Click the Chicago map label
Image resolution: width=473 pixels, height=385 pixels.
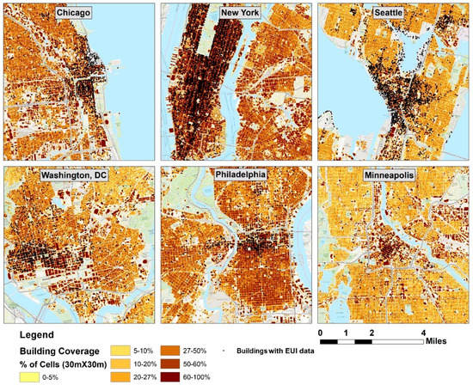tap(78, 14)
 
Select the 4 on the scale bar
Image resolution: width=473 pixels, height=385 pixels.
tap(423, 333)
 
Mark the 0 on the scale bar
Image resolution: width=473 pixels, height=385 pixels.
tap(320, 333)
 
